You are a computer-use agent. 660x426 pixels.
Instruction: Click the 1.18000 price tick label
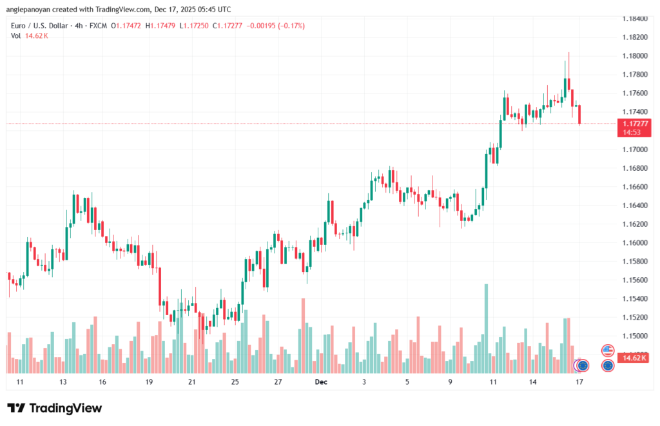(x=635, y=56)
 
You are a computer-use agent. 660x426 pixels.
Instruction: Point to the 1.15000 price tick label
(x=635, y=336)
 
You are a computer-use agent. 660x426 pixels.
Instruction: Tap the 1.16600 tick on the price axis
(x=635, y=187)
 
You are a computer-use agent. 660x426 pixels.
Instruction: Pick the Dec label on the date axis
(x=322, y=382)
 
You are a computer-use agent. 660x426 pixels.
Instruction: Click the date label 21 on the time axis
(x=191, y=382)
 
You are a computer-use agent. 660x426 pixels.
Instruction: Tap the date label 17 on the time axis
(x=579, y=382)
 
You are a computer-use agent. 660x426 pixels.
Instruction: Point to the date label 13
(x=63, y=382)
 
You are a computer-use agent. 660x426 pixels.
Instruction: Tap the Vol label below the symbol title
(x=15, y=35)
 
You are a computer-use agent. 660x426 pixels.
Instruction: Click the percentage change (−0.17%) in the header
(x=291, y=26)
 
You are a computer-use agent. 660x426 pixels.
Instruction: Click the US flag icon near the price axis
(x=607, y=351)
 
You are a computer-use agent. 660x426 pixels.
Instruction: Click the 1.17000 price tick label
(x=635, y=150)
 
